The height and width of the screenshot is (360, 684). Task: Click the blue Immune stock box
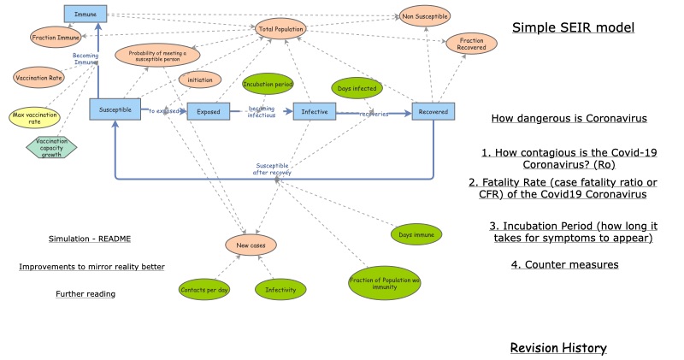[85, 14]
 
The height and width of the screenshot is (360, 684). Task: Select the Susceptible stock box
[115, 109]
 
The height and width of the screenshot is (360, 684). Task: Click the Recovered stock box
[433, 111]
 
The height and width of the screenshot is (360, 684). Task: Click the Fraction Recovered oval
[471, 44]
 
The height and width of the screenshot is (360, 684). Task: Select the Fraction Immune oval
[56, 38]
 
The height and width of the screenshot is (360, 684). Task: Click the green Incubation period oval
[268, 85]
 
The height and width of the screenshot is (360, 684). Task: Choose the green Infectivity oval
[280, 291]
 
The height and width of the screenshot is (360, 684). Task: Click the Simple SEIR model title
[573, 27]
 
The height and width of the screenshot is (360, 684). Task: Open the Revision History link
[557, 348]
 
